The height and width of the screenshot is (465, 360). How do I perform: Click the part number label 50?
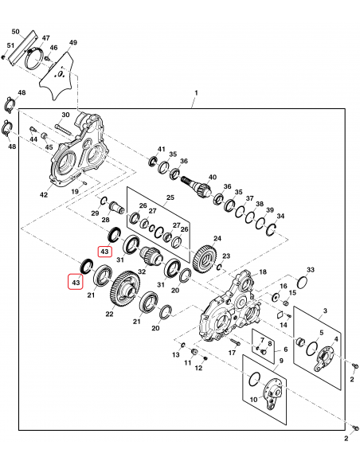pyautogui.click(x=15, y=31)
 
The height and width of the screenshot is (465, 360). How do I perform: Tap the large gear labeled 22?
pyautogui.click(x=125, y=289)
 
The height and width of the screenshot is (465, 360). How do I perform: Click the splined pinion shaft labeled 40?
pyautogui.click(x=197, y=186)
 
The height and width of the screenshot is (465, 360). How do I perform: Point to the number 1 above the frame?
pyautogui.click(x=196, y=93)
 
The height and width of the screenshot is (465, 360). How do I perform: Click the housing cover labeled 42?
pyautogui.click(x=78, y=151)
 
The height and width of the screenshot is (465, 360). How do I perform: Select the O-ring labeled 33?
pyautogui.click(x=302, y=282)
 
